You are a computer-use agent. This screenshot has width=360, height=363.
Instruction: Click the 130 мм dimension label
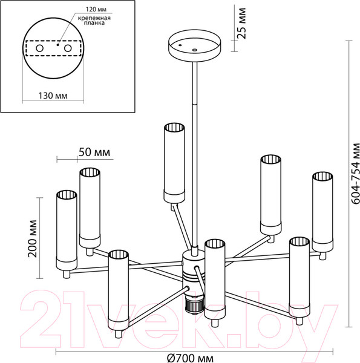pyautogui.click(x=53, y=96)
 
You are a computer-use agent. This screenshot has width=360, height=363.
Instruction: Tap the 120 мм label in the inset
pyautogui.click(x=96, y=10)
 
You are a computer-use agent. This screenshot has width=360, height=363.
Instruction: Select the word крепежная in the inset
pyautogui.click(x=94, y=18)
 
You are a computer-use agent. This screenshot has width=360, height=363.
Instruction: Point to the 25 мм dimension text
pyautogui.click(x=241, y=23)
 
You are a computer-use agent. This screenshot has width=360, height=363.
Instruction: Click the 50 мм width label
pyautogui.click(x=94, y=152)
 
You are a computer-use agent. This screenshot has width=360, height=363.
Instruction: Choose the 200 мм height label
pyautogui.click(x=33, y=238)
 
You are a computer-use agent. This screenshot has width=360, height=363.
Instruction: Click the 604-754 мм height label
pyautogui.click(x=355, y=174)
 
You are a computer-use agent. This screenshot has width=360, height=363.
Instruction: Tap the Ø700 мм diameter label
pyautogui.click(x=191, y=358)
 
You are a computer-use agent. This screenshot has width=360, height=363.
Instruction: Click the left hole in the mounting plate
pyautogui.click(x=39, y=48)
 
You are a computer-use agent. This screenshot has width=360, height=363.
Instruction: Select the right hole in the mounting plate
pyautogui.click(x=68, y=48)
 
